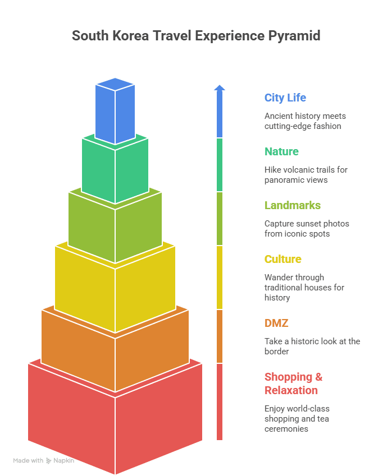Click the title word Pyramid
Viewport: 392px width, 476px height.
click(x=293, y=36)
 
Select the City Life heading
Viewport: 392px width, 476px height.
click(x=285, y=98)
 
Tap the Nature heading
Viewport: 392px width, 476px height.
click(x=281, y=151)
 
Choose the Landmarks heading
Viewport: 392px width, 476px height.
click(x=293, y=205)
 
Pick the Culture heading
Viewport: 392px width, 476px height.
click(x=283, y=259)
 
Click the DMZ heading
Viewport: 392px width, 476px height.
click(x=276, y=323)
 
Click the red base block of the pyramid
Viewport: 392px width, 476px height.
click(x=115, y=420)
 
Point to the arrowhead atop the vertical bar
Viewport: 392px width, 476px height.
click(x=220, y=87)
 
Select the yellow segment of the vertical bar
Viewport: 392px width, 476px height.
click(x=220, y=278)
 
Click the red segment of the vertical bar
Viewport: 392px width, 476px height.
click(x=220, y=401)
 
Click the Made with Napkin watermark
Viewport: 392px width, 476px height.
click(x=43, y=460)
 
